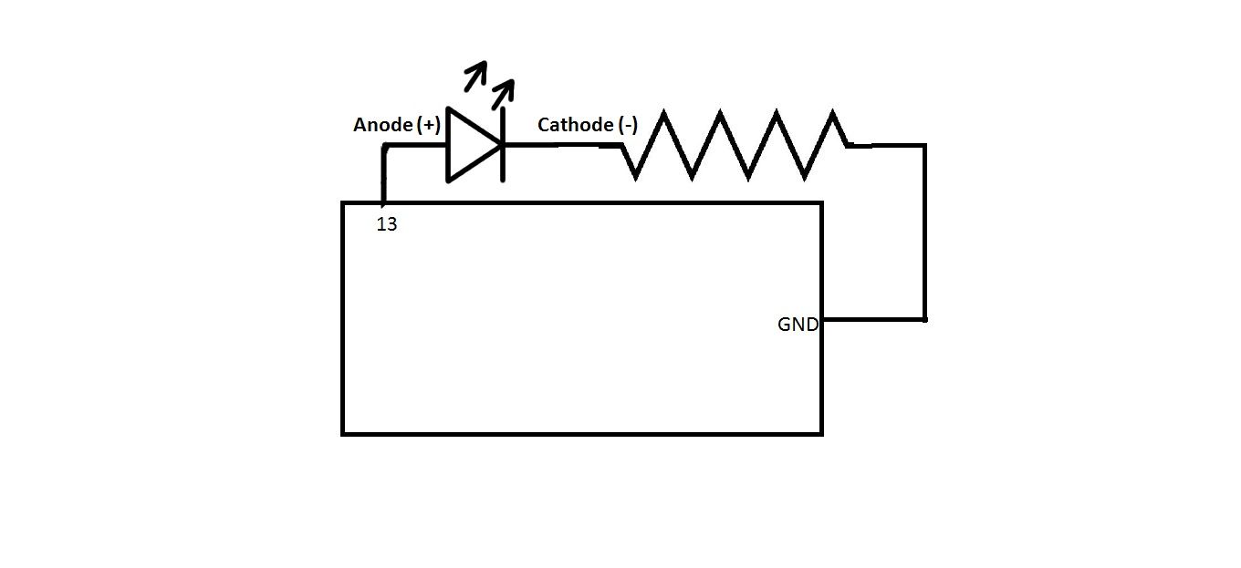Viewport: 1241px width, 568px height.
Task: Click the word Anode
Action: [x=382, y=126]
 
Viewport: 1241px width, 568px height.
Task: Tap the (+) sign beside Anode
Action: [x=428, y=126]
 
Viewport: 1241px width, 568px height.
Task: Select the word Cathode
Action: [x=575, y=125]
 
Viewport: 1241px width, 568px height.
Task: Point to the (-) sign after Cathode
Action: [x=628, y=125]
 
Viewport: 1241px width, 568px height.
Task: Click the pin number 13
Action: [x=387, y=224]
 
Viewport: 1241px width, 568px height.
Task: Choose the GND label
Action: [x=798, y=325]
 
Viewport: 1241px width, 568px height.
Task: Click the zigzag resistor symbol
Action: [x=735, y=144]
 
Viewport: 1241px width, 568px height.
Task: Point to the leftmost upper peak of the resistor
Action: [x=664, y=114]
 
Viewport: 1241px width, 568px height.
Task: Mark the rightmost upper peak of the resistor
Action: [x=833, y=114]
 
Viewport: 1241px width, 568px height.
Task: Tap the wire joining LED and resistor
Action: [x=561, y=145]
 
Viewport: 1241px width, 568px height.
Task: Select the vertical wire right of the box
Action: [x=924, y=232]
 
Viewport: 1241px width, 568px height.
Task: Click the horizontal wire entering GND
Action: [x=872, y=319]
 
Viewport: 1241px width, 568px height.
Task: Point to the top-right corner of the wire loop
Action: [x=924, y=145]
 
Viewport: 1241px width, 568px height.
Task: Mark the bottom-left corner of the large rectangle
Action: [x=343, y=433]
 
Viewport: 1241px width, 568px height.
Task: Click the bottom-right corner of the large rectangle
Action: [x=821, y=433]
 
